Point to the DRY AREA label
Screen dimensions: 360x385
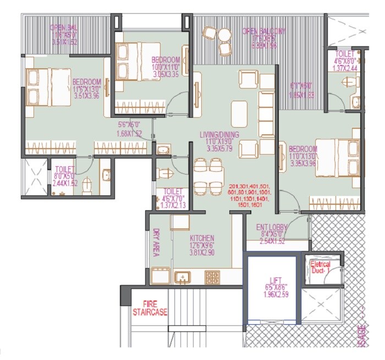click(156, 242)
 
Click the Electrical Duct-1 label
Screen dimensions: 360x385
click(321, 268)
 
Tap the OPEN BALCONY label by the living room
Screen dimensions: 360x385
click(267, 32)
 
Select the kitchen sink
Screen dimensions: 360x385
click(181, 277)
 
